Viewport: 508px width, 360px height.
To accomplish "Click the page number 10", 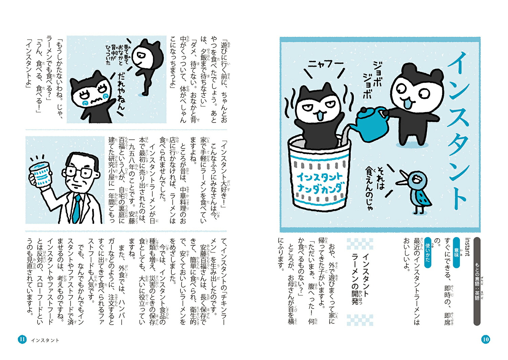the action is pyautogui.click(x=486, y=339).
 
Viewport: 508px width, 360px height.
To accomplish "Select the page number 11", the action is pyautogui.click(x=22, y=339).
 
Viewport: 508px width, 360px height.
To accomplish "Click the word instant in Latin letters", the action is pyautogui.click(x=467, y=247).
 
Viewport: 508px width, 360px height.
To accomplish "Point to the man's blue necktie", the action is pyautogui.click(x=77, y=209).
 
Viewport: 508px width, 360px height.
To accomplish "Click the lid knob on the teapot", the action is pyautogui.click(x=363, y=110).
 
